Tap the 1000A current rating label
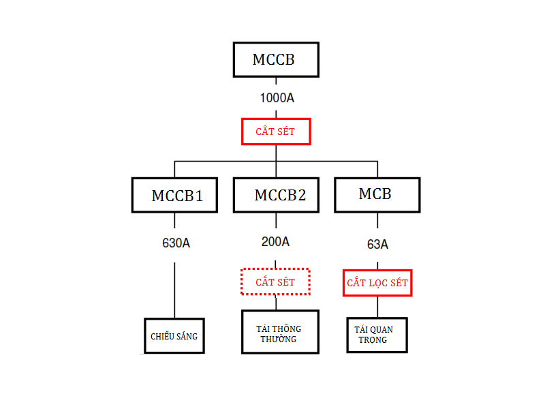click(x=277, y=97)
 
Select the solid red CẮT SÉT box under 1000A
click(x=276, y=131)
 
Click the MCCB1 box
click(x=175, y=195)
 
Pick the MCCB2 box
click(x=277, y=195)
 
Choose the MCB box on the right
click(x=377, y=194)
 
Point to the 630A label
click(x=176, y=242)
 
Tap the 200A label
click(x=275, y=241)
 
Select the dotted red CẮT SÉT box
click(x=275, y=282)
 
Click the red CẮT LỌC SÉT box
click(x=377, y=282)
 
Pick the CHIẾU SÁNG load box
click(x=174, y=335)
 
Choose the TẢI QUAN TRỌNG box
click(x=377, y=335)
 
